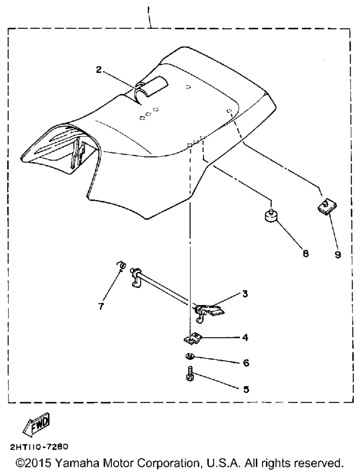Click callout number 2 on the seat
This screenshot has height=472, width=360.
tap(99, 70)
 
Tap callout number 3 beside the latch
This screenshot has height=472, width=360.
tap(245, 294)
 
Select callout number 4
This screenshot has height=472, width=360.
tap(245, 337)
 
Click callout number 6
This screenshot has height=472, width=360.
tap(246, 363)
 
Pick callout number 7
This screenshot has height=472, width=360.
tap(101, 306)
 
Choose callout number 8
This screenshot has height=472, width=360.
tap(306, 254)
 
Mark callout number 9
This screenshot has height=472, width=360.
tap(338, 255)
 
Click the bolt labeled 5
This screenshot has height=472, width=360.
tap(190, 375)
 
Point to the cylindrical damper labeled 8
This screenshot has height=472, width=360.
tap(271, 216)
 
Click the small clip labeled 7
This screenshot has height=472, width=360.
tap(122, 266)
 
